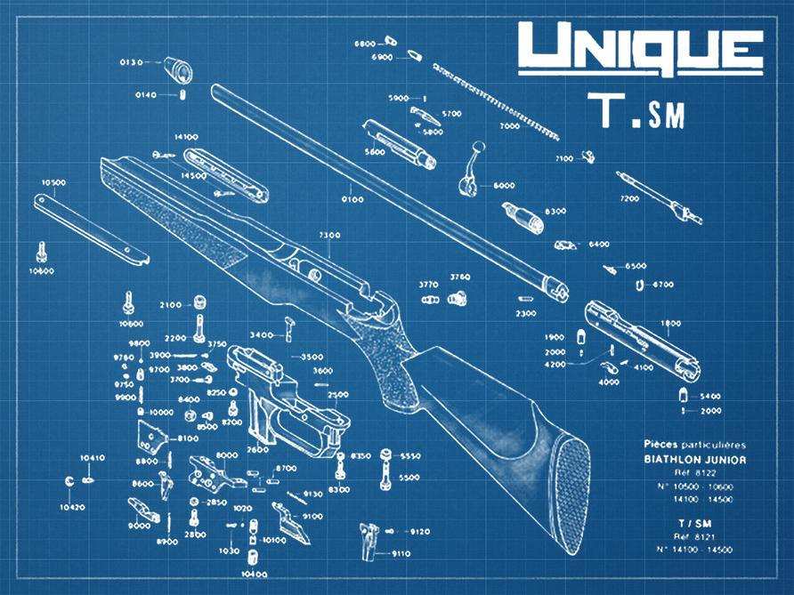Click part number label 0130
[x=131, y=62]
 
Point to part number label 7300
[x=328, y=235]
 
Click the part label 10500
[x=53, y=182]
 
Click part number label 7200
[x=628, y=198]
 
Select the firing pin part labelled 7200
[x=659, y=197]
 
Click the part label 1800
[x=670, y=323]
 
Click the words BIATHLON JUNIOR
[x=695, y=459]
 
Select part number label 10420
[x=73, y=507]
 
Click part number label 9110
[x=401, y=553]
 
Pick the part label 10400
[x=255, y=574]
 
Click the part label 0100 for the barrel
[x=352, y=199]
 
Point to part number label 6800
[x=365, y=43]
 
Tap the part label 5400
[x=709, y=395]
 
